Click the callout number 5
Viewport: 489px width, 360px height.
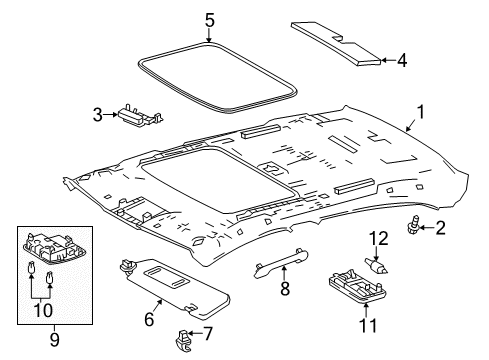[x=209, y=19]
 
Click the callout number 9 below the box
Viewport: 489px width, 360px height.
[x=54, y=339]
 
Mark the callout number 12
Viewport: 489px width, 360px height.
[x=377, y=237]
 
